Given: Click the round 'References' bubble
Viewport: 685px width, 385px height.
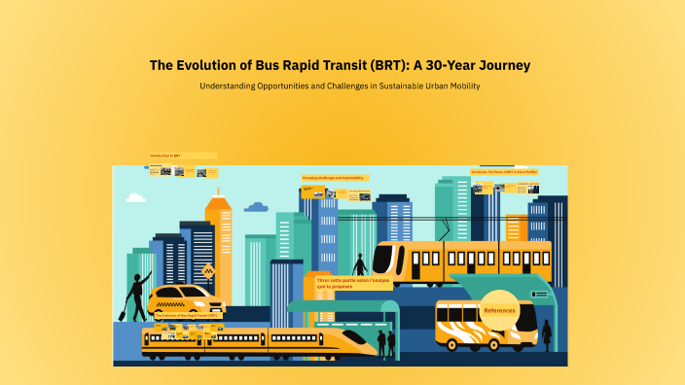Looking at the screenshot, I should (499, 310).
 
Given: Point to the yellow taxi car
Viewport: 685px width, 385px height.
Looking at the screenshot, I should (185, 297).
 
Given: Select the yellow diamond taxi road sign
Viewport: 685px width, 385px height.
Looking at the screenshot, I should (207, 271).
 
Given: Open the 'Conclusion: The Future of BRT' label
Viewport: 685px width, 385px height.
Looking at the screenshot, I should (504, 171).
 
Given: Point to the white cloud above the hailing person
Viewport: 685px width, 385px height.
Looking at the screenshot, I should (135, 198).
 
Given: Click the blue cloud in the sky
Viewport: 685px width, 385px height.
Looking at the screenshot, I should (256, 207).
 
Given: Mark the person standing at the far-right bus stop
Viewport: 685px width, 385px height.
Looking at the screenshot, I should (547, 333).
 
